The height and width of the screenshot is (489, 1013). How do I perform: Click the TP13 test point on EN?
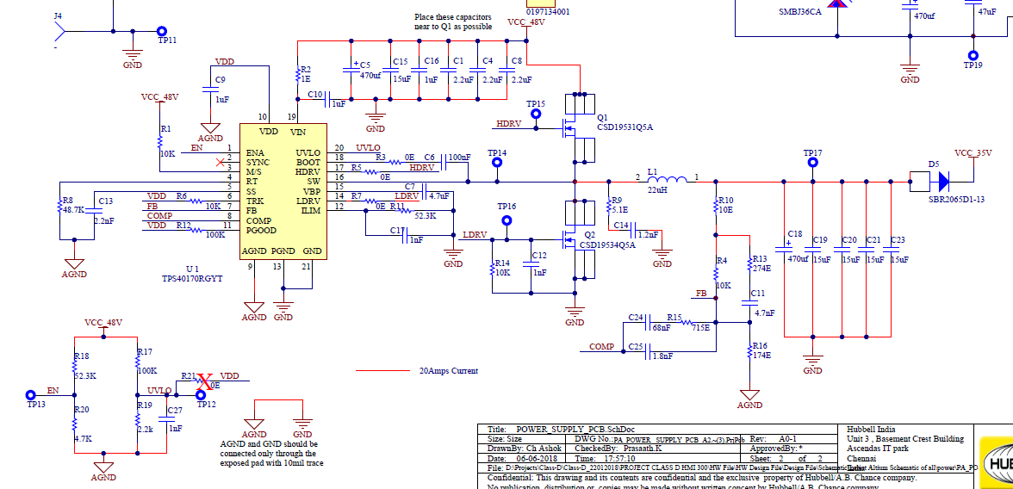[x=30, y=393]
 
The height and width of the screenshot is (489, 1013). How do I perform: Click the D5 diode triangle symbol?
[x=942, y=182]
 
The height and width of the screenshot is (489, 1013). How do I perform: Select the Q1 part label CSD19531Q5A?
[x=625, y=127]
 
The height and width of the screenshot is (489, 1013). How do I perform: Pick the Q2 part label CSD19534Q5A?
[x=607, y=245]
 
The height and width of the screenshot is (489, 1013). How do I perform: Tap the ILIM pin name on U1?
[x=310, y=211]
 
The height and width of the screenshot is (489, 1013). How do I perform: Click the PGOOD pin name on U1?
[x=262, y=231]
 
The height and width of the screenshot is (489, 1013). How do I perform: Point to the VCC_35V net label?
[x=974, y=153]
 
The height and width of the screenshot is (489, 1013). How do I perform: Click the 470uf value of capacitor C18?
[x=798, y=259]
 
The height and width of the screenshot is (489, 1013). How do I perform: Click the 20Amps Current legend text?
[x=448, y=371]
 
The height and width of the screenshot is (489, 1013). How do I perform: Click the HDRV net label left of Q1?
[x=509, y=124]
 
